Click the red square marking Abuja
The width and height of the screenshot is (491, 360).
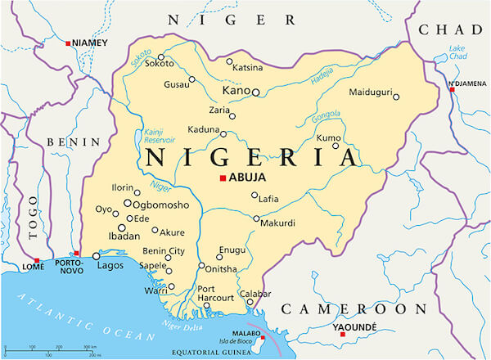[223, 179]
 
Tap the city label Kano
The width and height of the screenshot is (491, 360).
[236, 92]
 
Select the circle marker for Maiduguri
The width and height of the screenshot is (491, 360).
[396, 97]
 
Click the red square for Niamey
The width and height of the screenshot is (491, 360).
[68, 43]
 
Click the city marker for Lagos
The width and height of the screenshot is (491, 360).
[97, 256]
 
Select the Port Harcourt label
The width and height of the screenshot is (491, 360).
[216, 294]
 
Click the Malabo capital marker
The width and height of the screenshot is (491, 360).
[262, 336]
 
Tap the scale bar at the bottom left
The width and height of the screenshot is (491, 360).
[53, 349]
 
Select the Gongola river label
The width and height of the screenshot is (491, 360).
[326, 116]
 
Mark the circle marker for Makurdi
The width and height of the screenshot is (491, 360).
[256, 219]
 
